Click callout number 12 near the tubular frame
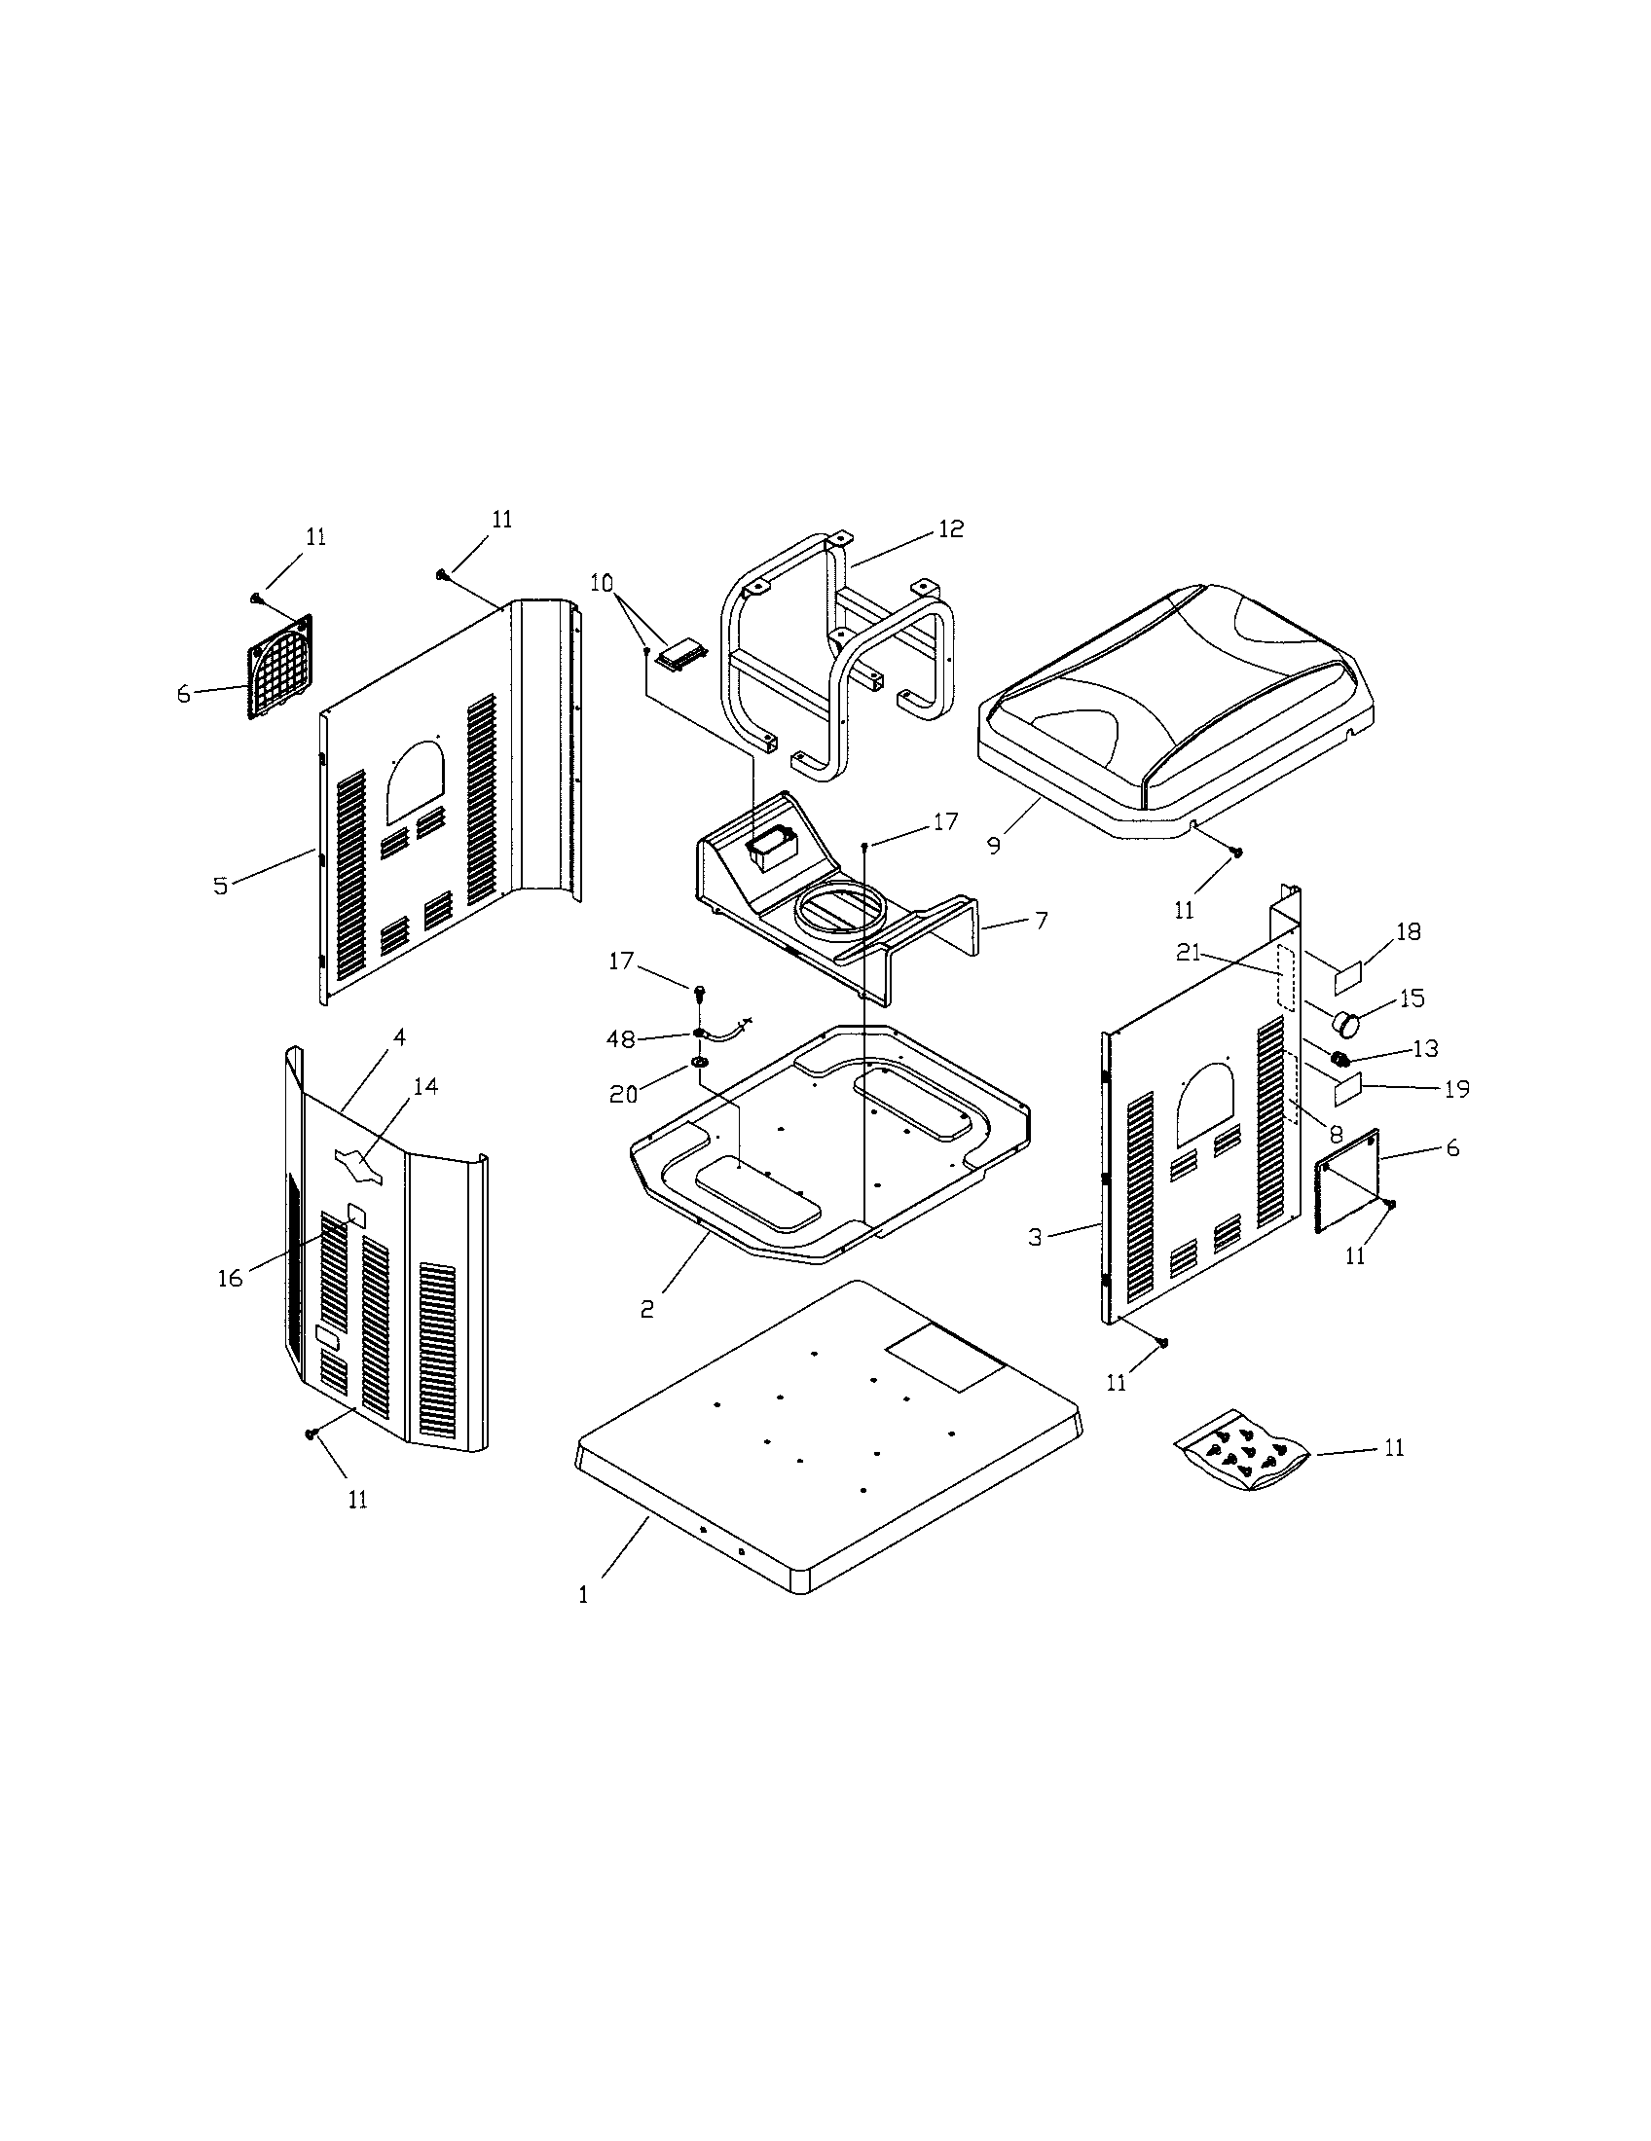[x=950, y=528]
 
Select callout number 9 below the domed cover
[x=994, y=845]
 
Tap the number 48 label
[x=621, y=1038]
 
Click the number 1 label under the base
[x=583, y=1595]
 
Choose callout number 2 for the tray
[x=647, y=1309]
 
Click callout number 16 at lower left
[x=230, y=1279]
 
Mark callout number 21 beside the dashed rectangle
[x=1190, y=952]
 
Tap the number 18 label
[x=1408, y=931]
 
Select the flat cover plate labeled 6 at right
[x=1347, y=1178]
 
